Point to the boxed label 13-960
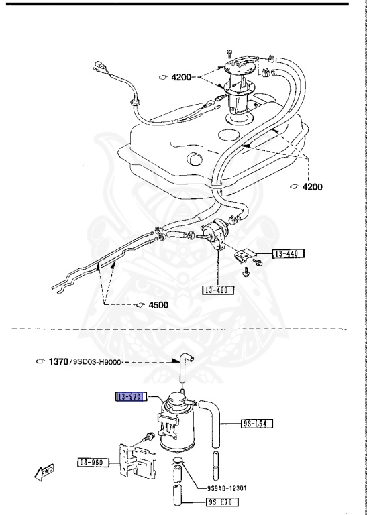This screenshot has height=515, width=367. click(93, 462)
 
